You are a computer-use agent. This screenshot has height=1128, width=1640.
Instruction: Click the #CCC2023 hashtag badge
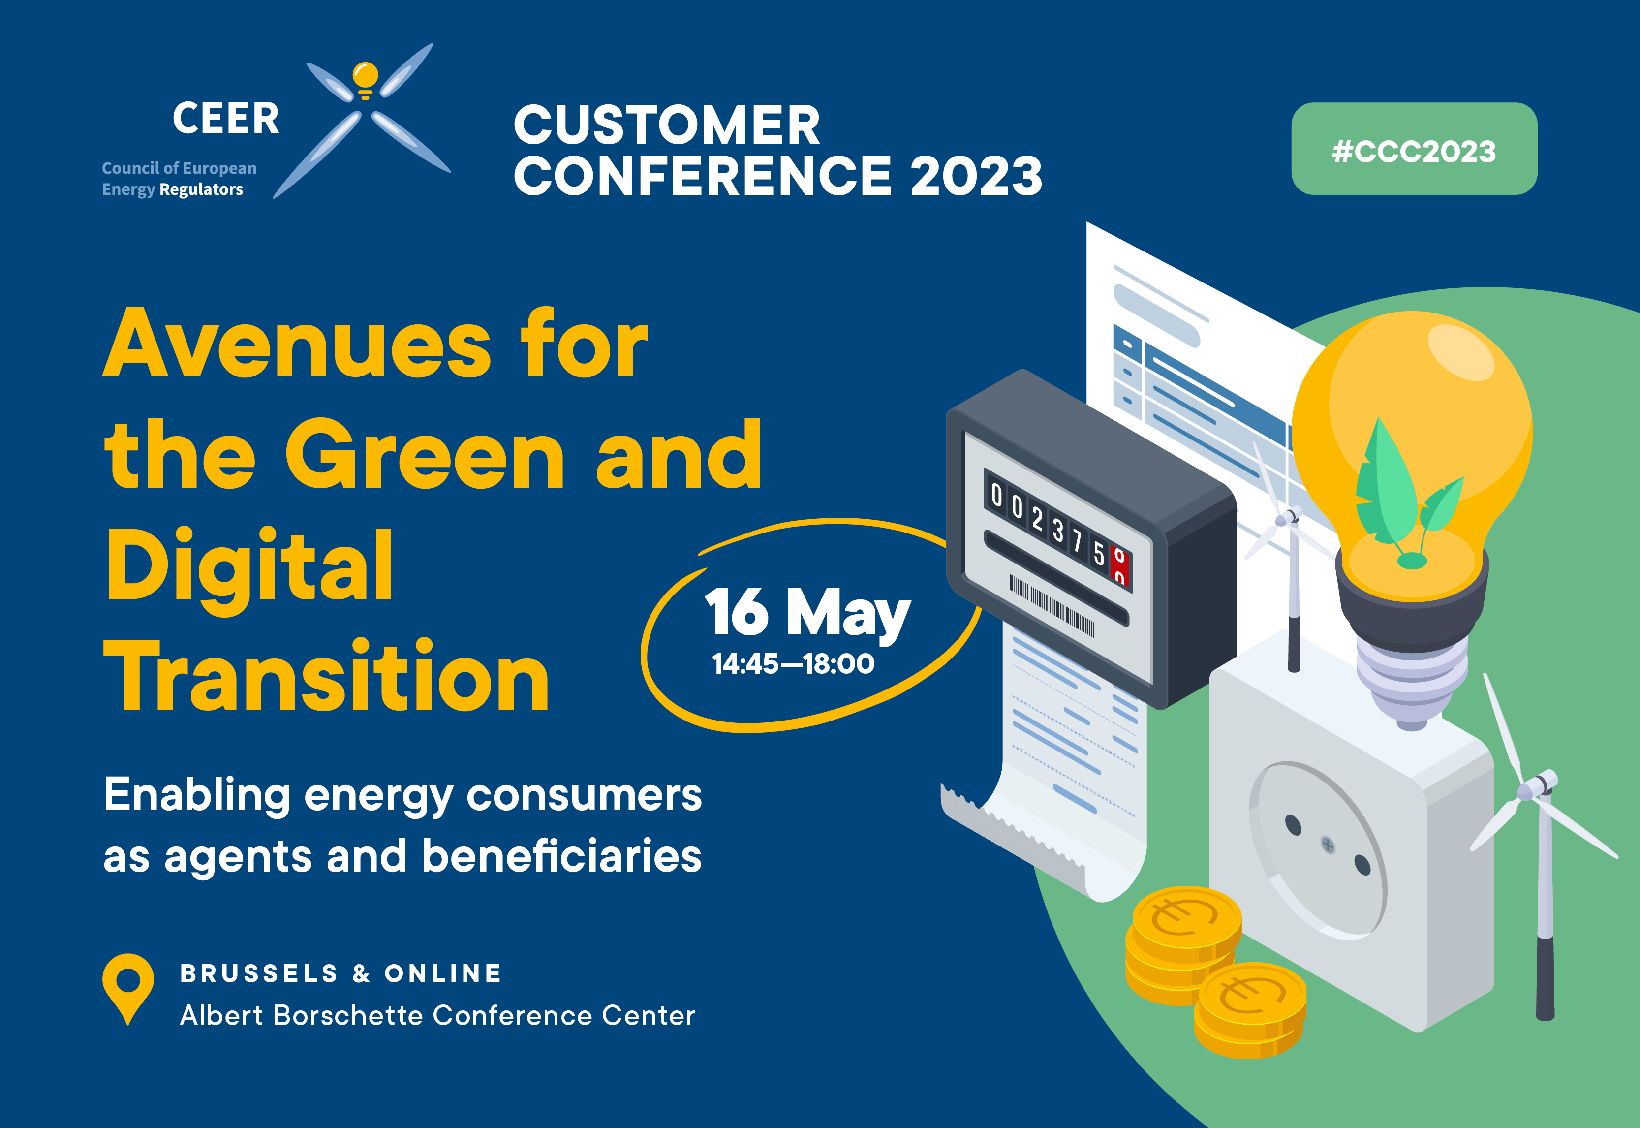point(1414,149)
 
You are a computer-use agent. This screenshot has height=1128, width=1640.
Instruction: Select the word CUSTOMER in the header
point(666,125)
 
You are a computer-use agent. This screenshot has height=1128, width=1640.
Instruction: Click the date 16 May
point(807,612)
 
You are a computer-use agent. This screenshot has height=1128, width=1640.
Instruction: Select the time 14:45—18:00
point(793,663)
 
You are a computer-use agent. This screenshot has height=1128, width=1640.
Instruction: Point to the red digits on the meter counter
point(1120,566)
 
